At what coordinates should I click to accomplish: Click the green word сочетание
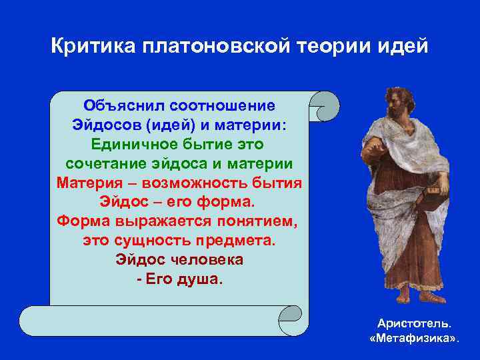click(107, 163)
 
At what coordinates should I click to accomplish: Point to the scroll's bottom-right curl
click(293, 321)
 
